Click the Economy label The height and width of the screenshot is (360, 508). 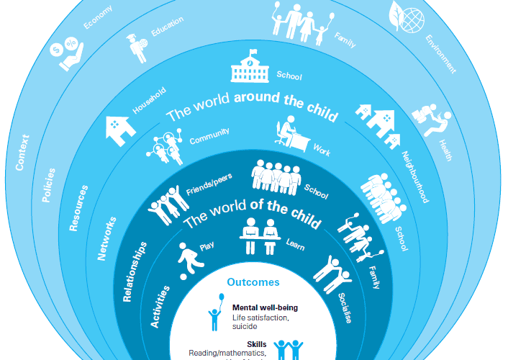tap(97, 17)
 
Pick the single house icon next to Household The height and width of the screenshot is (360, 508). tap(121, 128)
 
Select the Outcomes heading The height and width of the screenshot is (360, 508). tap(253, 283)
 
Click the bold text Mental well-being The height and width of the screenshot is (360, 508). tap(265, 307)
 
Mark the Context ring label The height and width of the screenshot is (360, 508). tap(24, 151)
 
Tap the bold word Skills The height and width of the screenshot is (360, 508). tap(256, 344)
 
